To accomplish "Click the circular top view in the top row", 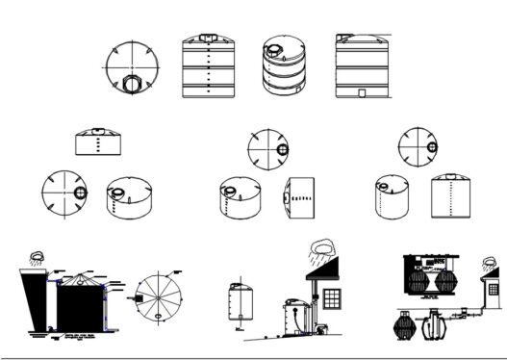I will point(130,68).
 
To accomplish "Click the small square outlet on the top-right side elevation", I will point(360,93).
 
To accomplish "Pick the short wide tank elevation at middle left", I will point(98,141).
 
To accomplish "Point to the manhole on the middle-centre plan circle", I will point(281,149).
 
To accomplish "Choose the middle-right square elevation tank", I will point(450,197).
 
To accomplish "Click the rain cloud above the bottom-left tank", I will point(38,257).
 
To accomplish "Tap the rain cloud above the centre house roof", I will point(322,247).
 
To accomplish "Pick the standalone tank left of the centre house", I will point(240,302).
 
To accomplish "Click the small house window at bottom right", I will point(492,288).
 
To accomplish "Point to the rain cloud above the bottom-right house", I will point(491,263).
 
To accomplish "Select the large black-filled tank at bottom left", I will point(81,307).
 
